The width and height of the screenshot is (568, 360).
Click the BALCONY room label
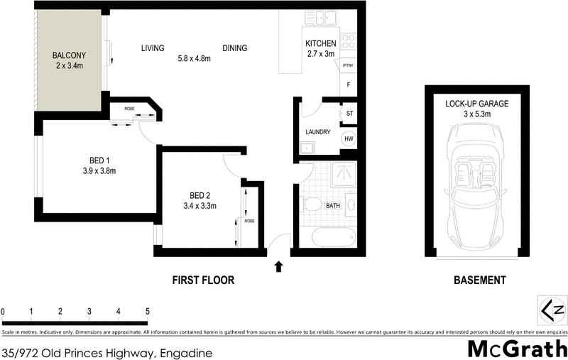[x=69, y=55]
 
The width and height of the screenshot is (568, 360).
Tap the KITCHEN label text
[x=320, y=43]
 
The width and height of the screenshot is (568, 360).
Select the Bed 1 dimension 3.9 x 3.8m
[x=98, y=170]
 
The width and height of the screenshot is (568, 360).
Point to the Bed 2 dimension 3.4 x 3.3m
[x=199, y=206]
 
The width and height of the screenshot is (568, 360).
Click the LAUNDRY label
[x=319, y=132]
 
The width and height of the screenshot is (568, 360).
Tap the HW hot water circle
[x=349, y=139]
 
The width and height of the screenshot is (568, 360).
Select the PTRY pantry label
[x=348, y=66]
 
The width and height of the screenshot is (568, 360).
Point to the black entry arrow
[x=278, y=266]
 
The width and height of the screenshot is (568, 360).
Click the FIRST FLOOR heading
[x=203, y=280]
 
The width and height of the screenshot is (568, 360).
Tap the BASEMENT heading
[x=479, y=280]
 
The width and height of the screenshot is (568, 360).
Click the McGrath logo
[x=516, y=349]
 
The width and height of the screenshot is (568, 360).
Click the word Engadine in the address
[x=187, y=352]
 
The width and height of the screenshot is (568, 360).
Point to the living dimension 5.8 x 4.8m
[x=195, y=58]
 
